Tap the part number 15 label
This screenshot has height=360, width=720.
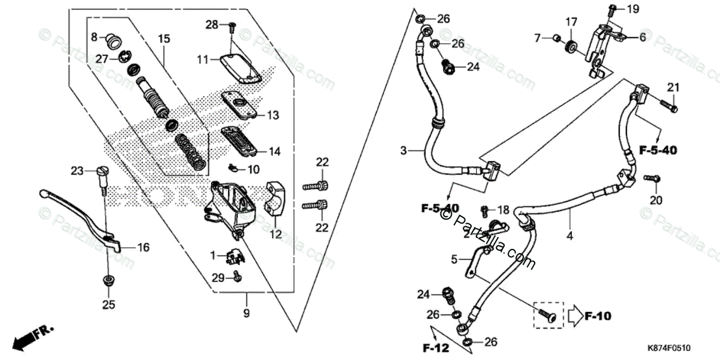(x=164, y=39)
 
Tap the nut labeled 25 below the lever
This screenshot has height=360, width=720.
(x=108, y=280)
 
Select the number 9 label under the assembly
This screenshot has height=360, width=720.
(x=246, y=313)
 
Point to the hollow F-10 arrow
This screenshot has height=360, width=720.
(x=575, y=314)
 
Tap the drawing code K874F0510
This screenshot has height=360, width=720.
(x=669, y=347)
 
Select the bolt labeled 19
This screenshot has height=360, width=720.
(x=612, y=9)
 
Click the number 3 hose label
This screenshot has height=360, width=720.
(x=404, y=150)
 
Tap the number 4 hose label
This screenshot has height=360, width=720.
(x=569, y=236)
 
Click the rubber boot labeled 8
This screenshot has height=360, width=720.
(x=112, y=41)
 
